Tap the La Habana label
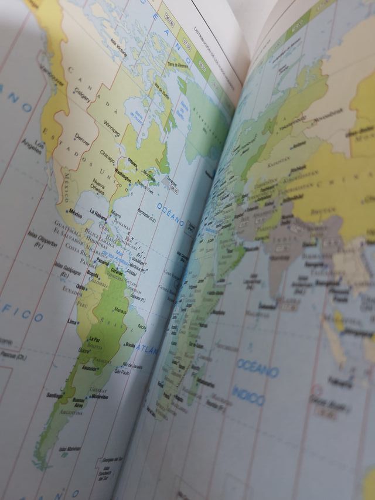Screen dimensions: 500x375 tap(99, 215)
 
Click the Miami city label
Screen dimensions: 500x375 tap(116, 213)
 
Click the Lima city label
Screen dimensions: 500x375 tap(72, 322)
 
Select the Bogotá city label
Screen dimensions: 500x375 tap(92, 272)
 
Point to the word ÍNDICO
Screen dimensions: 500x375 tap(247, 397)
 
